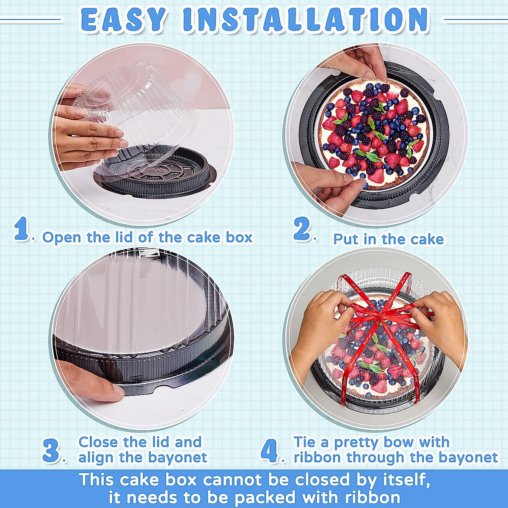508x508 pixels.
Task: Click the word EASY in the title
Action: tap(122, 19)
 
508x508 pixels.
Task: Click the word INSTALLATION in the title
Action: tap(305, 19)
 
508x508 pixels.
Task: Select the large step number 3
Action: tap(51, 450)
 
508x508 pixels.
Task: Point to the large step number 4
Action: tap(270, 450)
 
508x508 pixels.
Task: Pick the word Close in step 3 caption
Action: tap(98, 442)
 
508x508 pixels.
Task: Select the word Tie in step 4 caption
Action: tap(304, 442)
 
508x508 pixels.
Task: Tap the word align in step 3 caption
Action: tap(96, 458)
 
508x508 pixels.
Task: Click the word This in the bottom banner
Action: tap(97, 480)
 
